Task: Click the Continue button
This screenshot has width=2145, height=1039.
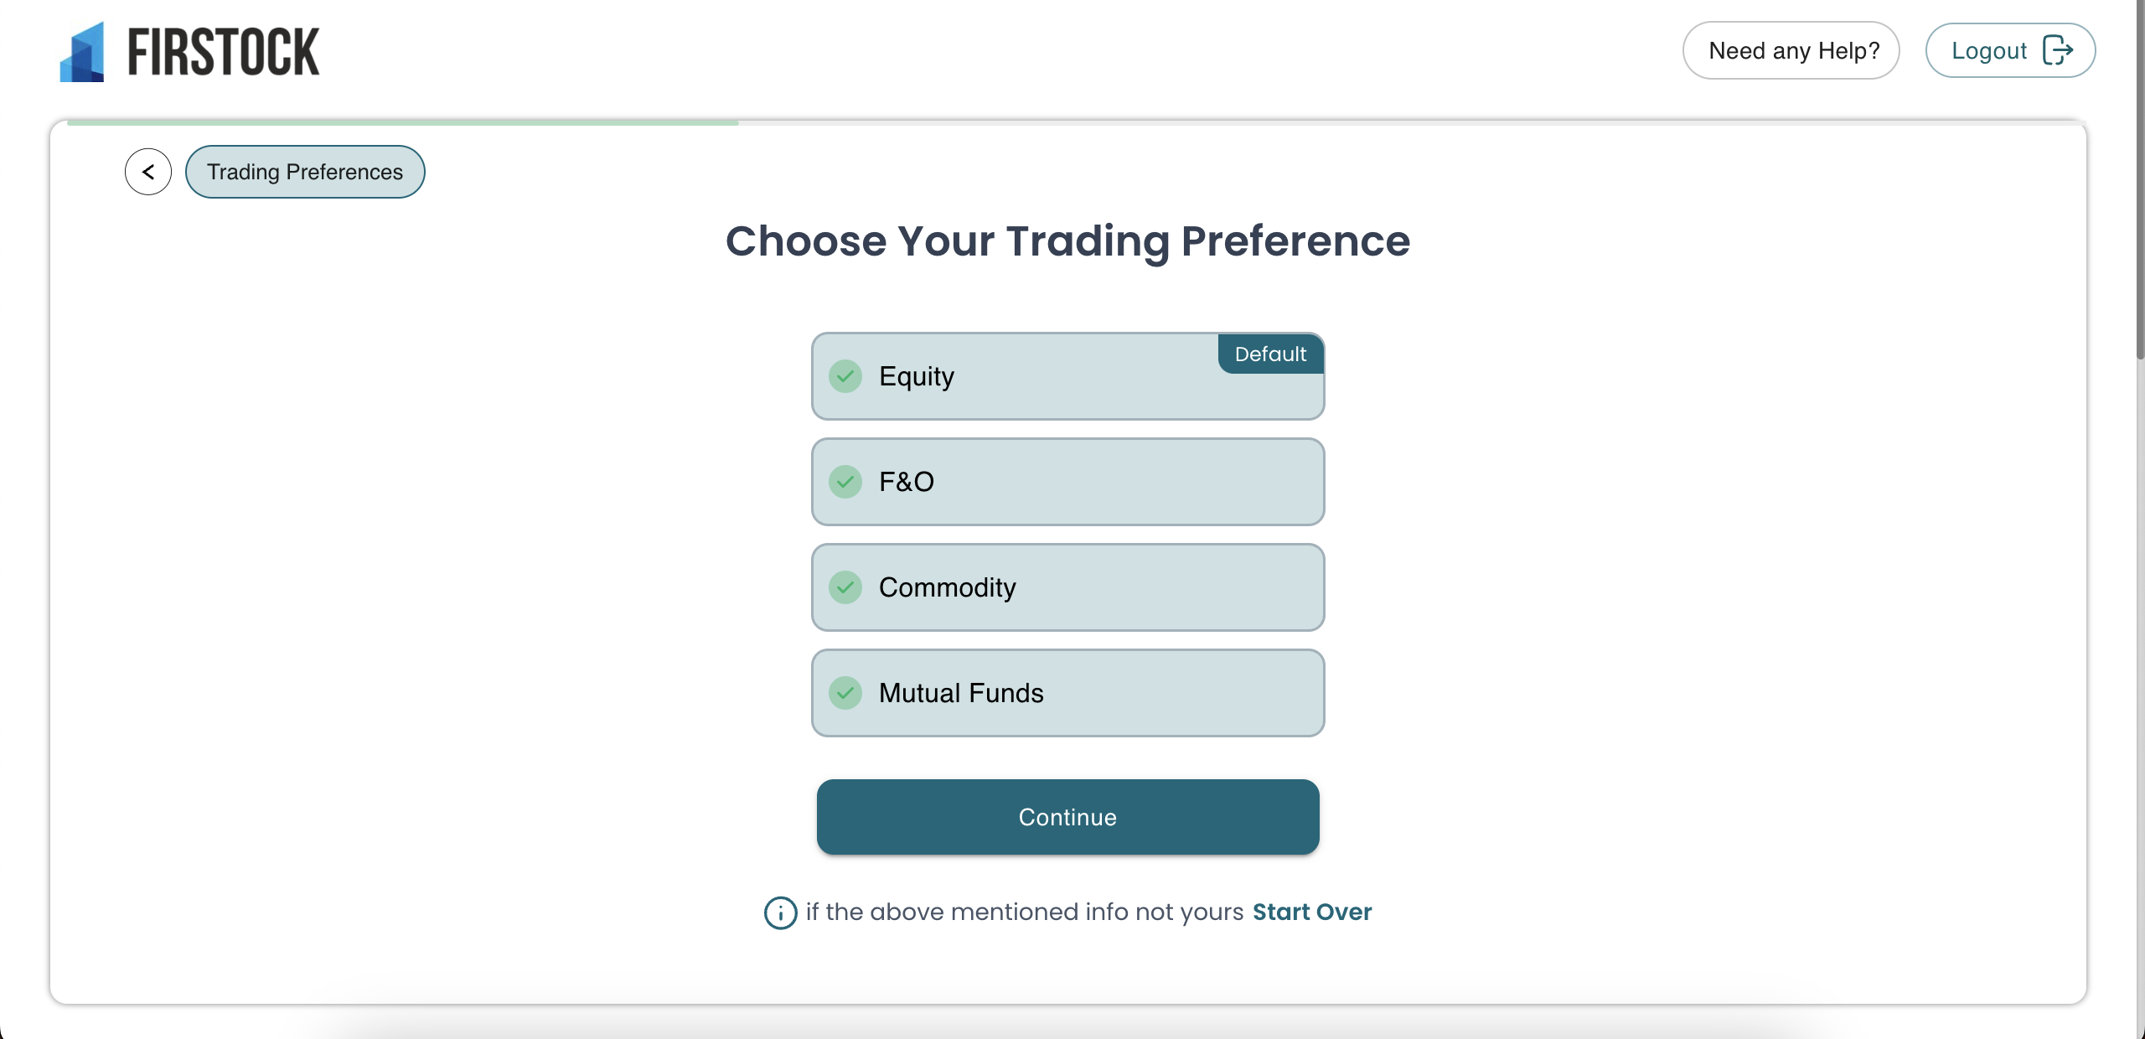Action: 1067,817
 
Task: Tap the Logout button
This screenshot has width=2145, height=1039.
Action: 2010,50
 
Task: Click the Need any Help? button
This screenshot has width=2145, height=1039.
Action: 1791,50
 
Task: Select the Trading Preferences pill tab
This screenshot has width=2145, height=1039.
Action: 305,172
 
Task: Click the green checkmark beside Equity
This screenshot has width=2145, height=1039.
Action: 845,376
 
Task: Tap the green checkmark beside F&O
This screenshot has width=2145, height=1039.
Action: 845,482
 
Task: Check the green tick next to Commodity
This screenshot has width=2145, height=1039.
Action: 845,587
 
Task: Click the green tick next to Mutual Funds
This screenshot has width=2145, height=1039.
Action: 845,693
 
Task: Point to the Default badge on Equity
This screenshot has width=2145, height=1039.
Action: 1270,354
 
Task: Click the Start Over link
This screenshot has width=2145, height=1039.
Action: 1312,912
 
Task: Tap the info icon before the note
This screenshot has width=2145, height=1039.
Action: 780,912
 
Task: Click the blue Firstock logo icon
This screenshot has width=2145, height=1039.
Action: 82,52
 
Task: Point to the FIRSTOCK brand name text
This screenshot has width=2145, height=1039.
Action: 224,52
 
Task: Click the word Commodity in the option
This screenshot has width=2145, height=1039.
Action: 947,587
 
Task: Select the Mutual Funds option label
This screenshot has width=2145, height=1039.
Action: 961,693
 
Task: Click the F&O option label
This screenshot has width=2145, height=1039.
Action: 907,482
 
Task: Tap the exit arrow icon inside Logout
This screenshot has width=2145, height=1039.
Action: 2058,50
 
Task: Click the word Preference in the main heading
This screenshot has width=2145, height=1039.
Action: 1295,241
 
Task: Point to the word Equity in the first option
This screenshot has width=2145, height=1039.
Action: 917,377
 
